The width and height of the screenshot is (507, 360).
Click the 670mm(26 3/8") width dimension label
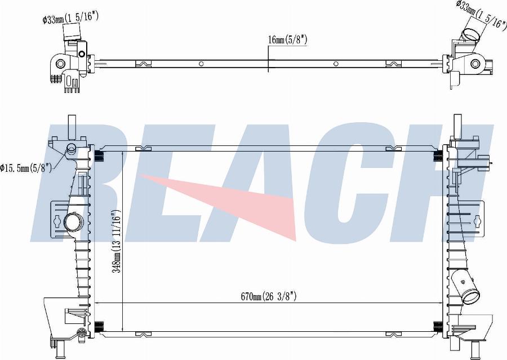[268, 296]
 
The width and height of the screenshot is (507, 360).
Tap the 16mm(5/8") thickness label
[287, 40]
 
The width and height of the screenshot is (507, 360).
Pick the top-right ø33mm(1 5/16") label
[481, 16]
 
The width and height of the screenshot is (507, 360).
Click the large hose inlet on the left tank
[73, 223]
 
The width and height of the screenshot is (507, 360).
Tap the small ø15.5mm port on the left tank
[71, 149]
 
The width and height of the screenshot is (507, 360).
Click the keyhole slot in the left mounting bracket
[57, 221]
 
